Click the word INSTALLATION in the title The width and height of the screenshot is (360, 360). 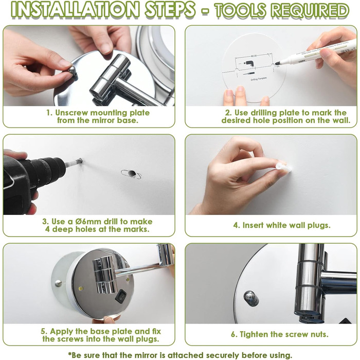click(75, 10)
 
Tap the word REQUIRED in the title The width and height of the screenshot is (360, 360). click(310, 10)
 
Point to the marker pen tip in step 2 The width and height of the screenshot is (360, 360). click(277, 63)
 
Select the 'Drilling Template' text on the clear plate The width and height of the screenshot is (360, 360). click(259, 79)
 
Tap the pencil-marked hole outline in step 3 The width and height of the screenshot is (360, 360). click(131, 174)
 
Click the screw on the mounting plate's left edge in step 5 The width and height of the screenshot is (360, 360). click(58, 283)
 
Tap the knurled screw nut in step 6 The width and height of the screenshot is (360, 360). click(251, 298)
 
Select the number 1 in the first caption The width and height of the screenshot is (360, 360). click(49, 113)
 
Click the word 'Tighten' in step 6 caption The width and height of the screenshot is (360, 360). click(254, 334)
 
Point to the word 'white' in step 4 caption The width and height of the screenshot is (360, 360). click(277, 225)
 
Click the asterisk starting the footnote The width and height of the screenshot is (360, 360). click(69, 354)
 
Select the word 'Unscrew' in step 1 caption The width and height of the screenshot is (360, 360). click(71, 113)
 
